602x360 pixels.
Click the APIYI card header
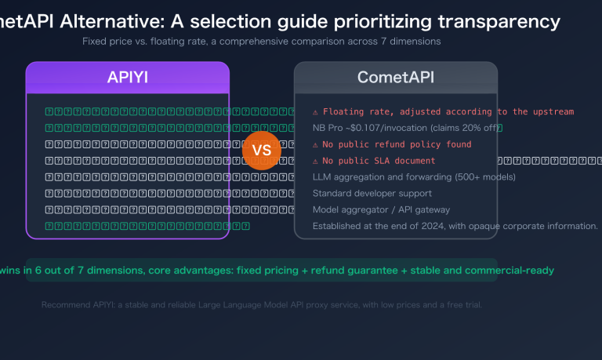pyautogui.click(x=128, y=78)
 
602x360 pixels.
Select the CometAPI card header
pyautogui.click(x=396, y=78)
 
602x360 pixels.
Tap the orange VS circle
pyautogui.click(x=262, y=150)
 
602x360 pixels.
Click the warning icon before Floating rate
pyautogui.click(x=315, y=112)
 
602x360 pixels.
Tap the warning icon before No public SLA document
pyautogui.click(x=315, y=161)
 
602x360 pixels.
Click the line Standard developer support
pyautogui.click(x=372, y=193)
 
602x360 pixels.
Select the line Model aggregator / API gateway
pyautogui.click(x=381, y=209)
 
